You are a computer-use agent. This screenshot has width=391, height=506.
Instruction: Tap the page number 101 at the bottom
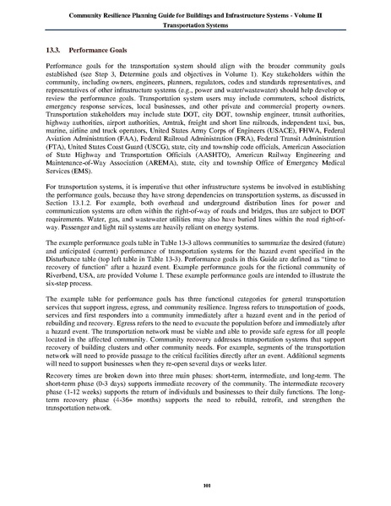pos(195,483)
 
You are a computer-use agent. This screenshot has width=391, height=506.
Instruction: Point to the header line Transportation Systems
pos(195,25)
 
